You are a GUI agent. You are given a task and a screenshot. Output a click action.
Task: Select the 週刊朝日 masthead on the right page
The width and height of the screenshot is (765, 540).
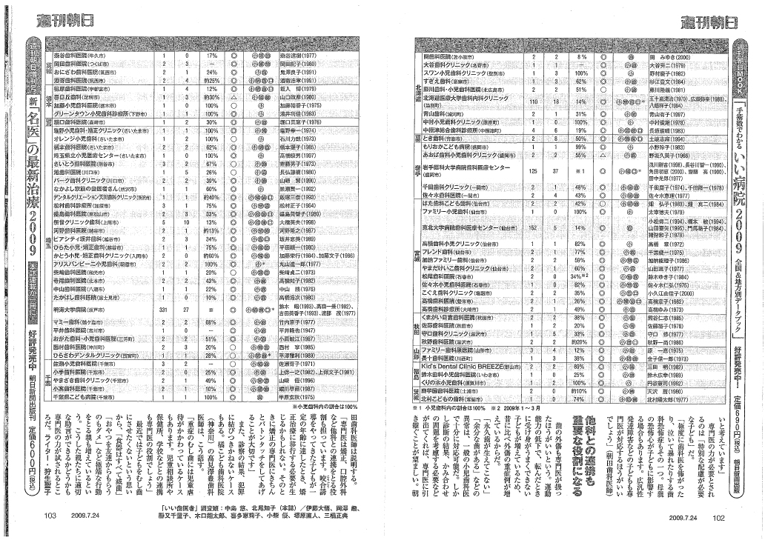[687, 20]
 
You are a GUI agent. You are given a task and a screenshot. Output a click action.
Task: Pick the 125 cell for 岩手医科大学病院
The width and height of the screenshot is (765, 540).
[533, 172]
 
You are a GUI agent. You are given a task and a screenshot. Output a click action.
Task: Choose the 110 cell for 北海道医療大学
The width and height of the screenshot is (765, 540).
[533, 100]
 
